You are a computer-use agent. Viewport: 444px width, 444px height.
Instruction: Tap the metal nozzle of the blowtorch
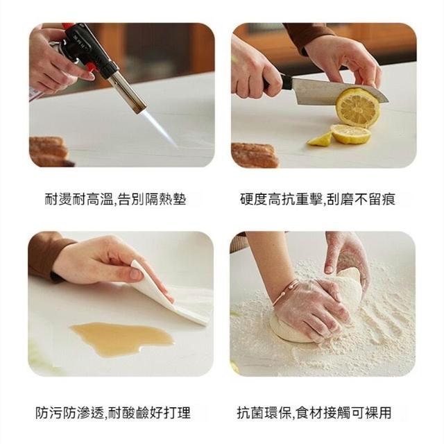(x=128, y=91)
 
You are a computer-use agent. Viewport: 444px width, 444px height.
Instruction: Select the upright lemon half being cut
(x=357, y=108)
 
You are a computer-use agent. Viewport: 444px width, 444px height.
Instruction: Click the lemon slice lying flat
(x=350, y=134)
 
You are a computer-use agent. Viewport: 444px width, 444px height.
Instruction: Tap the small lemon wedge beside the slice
(x=320, y=139)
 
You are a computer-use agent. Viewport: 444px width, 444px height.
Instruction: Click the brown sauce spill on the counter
(x=122, y=338)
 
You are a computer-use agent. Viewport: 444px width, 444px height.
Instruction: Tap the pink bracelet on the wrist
(x=287, y=291)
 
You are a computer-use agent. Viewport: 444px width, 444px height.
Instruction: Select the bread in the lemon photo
(x=255, y=155)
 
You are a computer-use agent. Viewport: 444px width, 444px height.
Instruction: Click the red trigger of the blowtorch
(x=91, y=69)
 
